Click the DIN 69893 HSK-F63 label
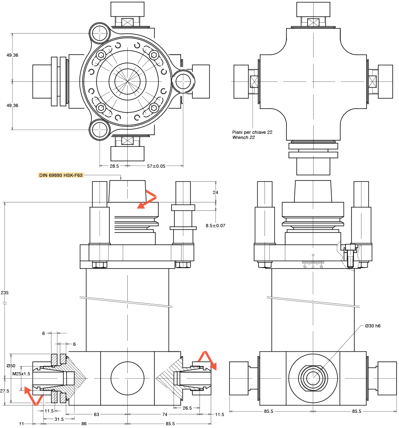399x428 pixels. (x=61, y=175)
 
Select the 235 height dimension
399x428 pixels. (x=5, y=293)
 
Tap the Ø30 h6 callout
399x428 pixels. (x=373, y=326)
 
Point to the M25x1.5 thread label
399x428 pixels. (x=21, y=374)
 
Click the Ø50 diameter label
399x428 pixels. (x=11, y=366)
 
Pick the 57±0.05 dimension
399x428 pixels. (x=156, y=166)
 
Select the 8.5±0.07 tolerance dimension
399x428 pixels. (x=215, y=226)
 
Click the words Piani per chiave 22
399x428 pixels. (x=252, y=132)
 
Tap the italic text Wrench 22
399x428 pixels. (x=243, y=138)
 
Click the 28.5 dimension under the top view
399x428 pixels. (x=114, y=166)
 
